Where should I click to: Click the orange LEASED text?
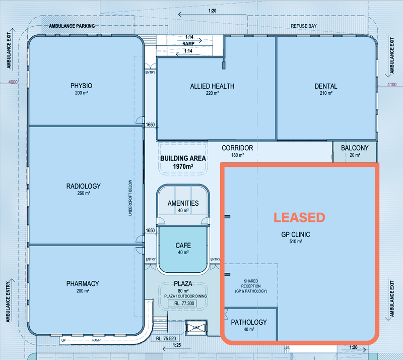[299, 218]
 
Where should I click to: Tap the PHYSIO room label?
[81, 86]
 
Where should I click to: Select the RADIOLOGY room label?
[84, 186]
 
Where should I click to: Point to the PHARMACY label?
[83, 283]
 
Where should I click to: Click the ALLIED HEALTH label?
[212, 86]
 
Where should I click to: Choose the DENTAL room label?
[326, 86]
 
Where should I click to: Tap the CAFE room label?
[183, 246]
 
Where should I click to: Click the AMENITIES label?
[183, 203]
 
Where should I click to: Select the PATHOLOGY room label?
[249, 322]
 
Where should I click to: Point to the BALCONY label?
[355, 148]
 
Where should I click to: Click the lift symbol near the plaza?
[196, 328]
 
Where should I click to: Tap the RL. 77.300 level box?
[182, 304]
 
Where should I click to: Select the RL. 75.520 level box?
[166, 339]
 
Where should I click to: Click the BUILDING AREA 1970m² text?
[183, 162]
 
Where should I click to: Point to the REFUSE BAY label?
[304, 26]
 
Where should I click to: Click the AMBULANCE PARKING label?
[72, 26]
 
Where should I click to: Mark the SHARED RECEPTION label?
[251, 286]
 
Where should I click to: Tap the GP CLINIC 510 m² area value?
[296, 242]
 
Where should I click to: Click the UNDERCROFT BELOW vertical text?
[130, 198]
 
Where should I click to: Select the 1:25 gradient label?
[177, 345]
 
